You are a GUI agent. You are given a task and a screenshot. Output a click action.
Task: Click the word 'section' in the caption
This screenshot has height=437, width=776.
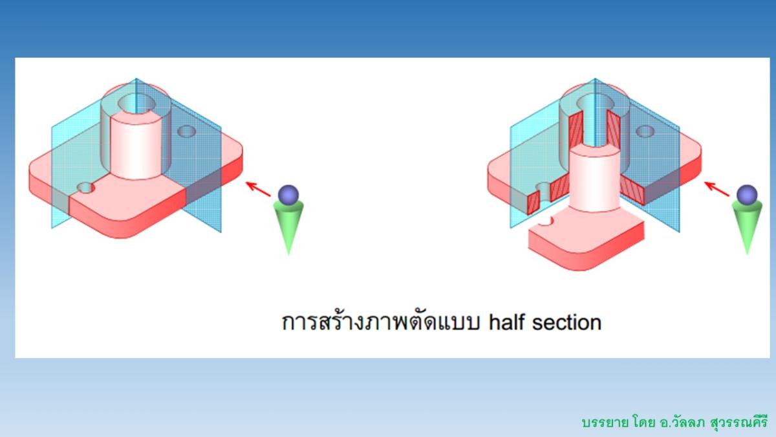coord(566,322)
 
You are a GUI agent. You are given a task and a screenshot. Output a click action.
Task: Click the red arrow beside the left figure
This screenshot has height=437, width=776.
coord(259,189)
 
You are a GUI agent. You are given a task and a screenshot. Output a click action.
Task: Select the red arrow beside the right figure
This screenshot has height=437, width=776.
coord(717,189)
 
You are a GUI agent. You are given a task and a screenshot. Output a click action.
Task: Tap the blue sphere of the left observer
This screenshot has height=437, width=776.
coord(288,195)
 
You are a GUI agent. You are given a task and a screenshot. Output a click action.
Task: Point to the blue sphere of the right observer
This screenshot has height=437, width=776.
coord(747,194)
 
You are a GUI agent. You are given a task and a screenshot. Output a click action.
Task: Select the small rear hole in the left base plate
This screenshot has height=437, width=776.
coord(187,131)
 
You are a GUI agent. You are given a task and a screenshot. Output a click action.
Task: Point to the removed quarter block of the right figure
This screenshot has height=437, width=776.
coord(585,243)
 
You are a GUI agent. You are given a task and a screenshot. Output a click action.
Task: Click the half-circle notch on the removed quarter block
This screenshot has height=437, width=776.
coord(549,221)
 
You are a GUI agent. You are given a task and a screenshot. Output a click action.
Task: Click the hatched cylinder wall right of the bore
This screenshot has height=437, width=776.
coord(613,127)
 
